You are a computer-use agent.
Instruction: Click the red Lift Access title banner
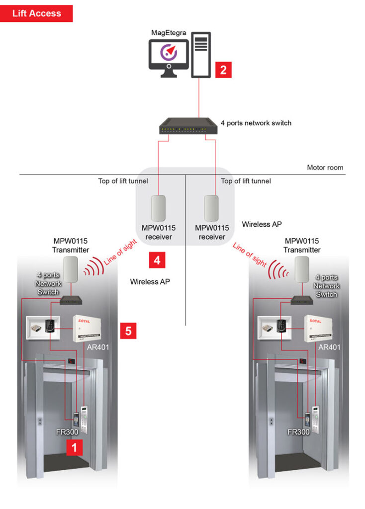coord(37,13)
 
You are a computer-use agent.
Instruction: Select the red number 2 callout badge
coord(223,70)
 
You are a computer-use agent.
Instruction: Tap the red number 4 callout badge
coord(158,259)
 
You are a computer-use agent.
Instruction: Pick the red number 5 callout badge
coord(128,331)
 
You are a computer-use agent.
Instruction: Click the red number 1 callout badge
coord(75,447)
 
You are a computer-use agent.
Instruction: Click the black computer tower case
coord(201,55)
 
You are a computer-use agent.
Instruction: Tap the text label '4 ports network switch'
coord(256,122)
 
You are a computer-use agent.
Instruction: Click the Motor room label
coord(325,168)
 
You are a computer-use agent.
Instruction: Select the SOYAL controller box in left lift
coord(91,328)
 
